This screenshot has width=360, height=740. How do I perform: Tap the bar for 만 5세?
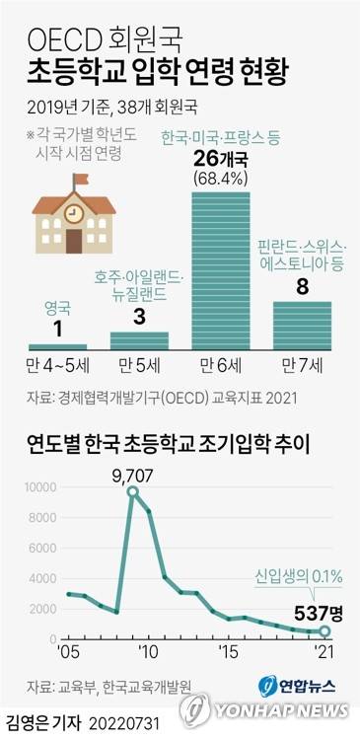[x=139, y=340]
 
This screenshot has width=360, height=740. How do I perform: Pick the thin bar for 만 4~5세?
[x=57, y=346]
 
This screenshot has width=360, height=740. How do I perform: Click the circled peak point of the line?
[x=132, y=491]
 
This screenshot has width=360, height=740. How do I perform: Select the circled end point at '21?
[x=325, y=630]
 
